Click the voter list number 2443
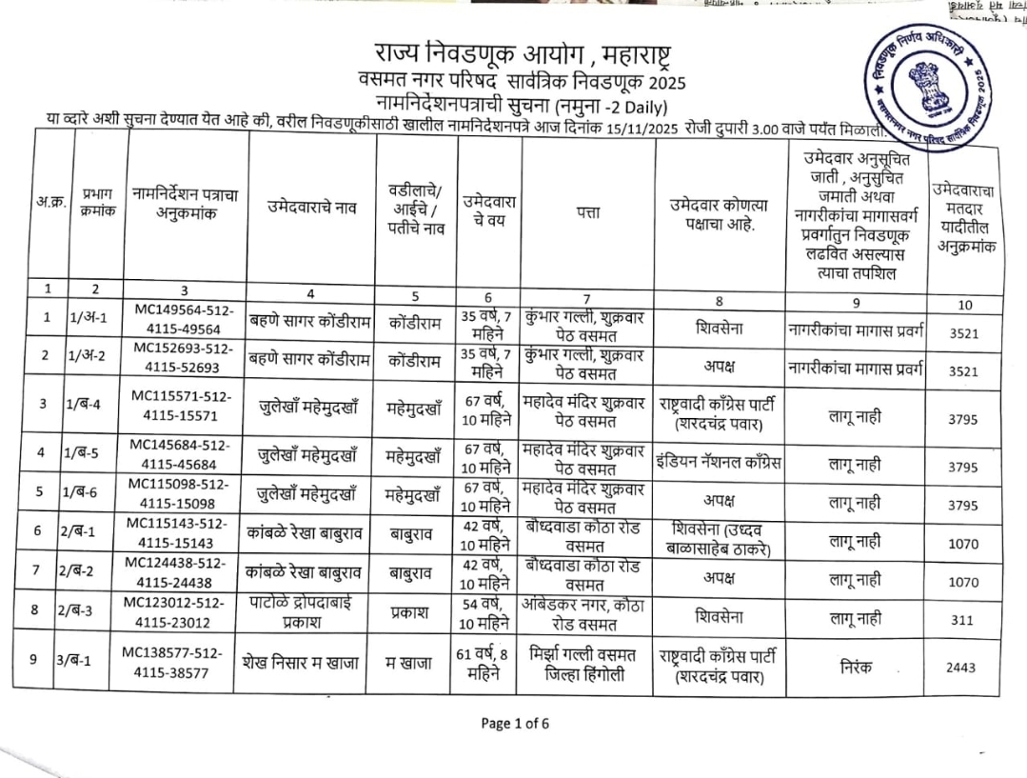click(960, 668)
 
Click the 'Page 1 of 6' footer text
click(515, 723)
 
